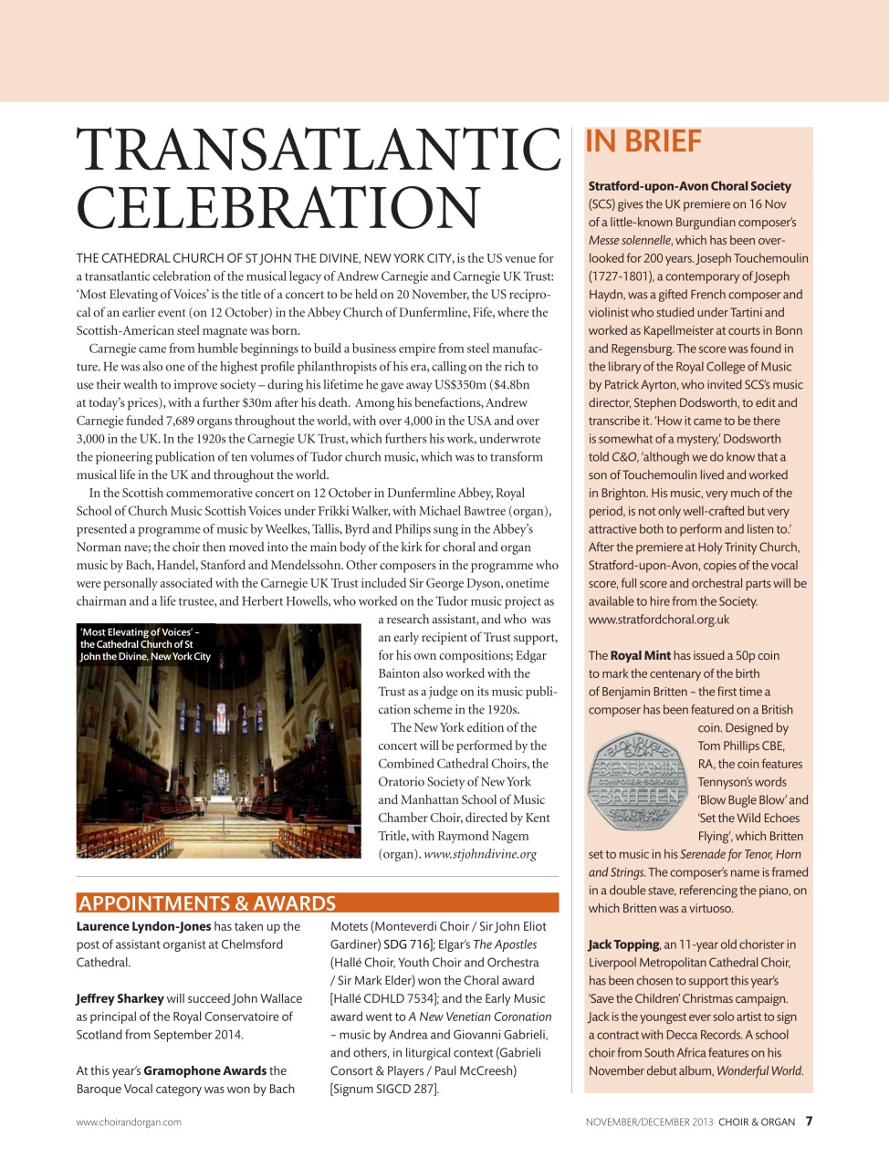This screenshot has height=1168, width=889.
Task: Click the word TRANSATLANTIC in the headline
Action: click(x=319, y=151)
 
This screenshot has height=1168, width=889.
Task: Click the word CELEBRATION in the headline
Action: click(x=277, y=209)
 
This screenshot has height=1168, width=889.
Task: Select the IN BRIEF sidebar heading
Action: click(x=643, y=142)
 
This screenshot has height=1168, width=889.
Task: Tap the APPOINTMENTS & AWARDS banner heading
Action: click(x=207, y=903)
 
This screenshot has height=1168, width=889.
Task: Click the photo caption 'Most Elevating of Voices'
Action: click(x=145, y=644)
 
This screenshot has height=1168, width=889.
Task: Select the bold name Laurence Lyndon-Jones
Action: click(x=143, y=926)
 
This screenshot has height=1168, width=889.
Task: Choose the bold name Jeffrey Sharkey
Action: click(x=120, y=998)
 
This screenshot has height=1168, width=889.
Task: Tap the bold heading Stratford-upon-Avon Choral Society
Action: click(x=689, y=186)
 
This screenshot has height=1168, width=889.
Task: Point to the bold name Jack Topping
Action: click(x=623, y=944)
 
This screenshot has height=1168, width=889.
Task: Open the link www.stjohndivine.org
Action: click(x=480, y=854)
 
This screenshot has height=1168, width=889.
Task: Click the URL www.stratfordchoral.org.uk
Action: click(x=658, y=620)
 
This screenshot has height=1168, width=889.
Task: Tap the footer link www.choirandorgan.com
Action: click(x=129, y=1122)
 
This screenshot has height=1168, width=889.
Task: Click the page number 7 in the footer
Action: click(x=809, y=1121)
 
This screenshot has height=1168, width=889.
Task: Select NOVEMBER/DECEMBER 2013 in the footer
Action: click(x=649, y=1122)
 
